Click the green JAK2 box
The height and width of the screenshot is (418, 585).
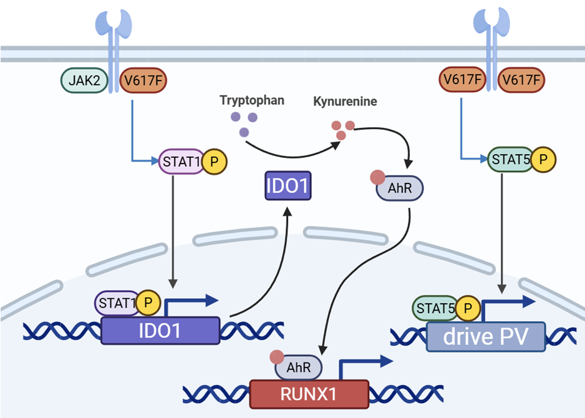83,80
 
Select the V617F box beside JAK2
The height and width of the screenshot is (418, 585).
143,80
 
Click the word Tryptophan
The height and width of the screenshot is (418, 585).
252,100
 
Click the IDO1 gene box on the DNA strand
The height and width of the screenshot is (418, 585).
160,331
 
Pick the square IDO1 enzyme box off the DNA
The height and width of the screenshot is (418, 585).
287,186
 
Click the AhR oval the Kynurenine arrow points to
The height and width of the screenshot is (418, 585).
400,187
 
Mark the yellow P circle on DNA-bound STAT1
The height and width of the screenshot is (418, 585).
148,303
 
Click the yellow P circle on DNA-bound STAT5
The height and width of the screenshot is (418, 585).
467,308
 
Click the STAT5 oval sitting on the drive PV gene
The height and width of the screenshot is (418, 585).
435,308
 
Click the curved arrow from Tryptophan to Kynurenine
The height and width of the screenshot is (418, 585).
293,152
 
